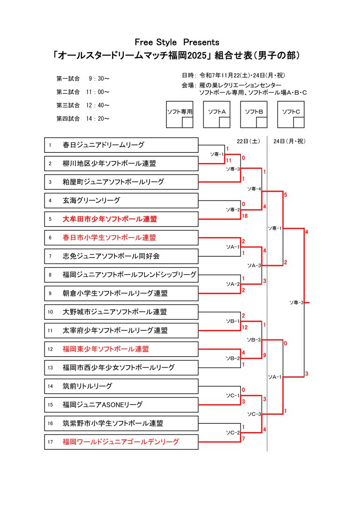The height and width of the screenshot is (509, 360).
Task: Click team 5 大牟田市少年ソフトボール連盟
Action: [110, 219]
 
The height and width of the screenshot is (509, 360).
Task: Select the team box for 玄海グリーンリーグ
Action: [91, 200]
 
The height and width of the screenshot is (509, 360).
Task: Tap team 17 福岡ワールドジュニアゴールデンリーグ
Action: [120, 442]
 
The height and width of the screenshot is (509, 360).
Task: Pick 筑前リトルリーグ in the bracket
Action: [87, 386]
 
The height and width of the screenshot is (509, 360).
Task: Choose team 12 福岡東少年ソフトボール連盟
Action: [109, 349]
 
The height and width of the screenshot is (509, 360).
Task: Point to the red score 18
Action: [245, 216]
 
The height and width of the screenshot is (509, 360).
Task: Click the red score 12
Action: [245, 327]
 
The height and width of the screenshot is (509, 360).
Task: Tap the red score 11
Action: [229, 160]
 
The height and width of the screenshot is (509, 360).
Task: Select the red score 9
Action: [265, 356]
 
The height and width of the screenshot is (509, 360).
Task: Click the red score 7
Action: [243, 439]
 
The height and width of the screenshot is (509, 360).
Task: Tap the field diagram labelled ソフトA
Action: [217, 114]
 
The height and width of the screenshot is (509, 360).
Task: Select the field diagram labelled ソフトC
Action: [291, 114]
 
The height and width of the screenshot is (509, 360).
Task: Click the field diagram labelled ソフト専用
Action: [180, 114]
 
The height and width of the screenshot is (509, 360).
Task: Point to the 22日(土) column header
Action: [248, 141]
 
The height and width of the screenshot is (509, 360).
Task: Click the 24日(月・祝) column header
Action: [289, 141]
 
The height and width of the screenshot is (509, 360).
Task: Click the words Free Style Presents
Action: [177, 42]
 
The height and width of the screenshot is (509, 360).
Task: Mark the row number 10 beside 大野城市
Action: [50, 312]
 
